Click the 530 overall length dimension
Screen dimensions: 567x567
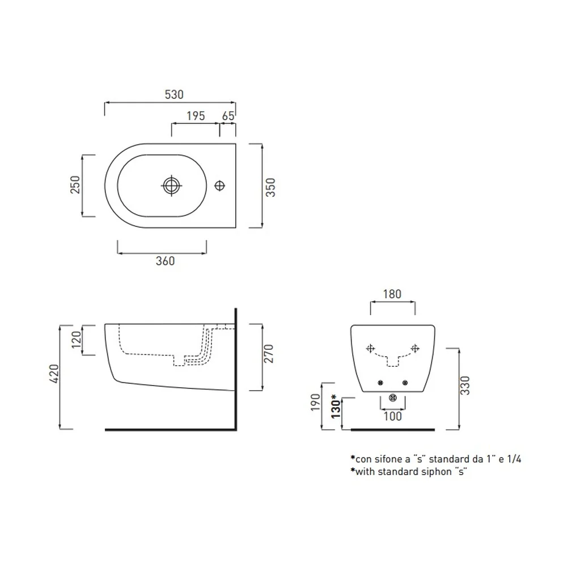pyautogui.click(x=174, y=94)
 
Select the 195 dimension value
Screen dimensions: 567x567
pyautogui.click(x=196, y=116)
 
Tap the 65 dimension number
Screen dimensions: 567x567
pyautogui.click(x=228, y=116)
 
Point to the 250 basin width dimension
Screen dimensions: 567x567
pyautogui.click(x=75, y=185)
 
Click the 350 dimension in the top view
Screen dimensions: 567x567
pyautogui.click(x=270, y=187)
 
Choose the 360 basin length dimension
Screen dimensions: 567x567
pyautogui.click(x=165, y=261)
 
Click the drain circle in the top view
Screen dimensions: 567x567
pyautogui.click(x=171, y=185)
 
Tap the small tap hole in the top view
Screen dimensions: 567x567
pyautogui.click(x=219, y=185)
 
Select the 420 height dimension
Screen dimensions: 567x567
pyautogui.click(x=53, y=374)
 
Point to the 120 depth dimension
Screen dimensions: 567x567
pyautogui.click(x=77, y=340)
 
